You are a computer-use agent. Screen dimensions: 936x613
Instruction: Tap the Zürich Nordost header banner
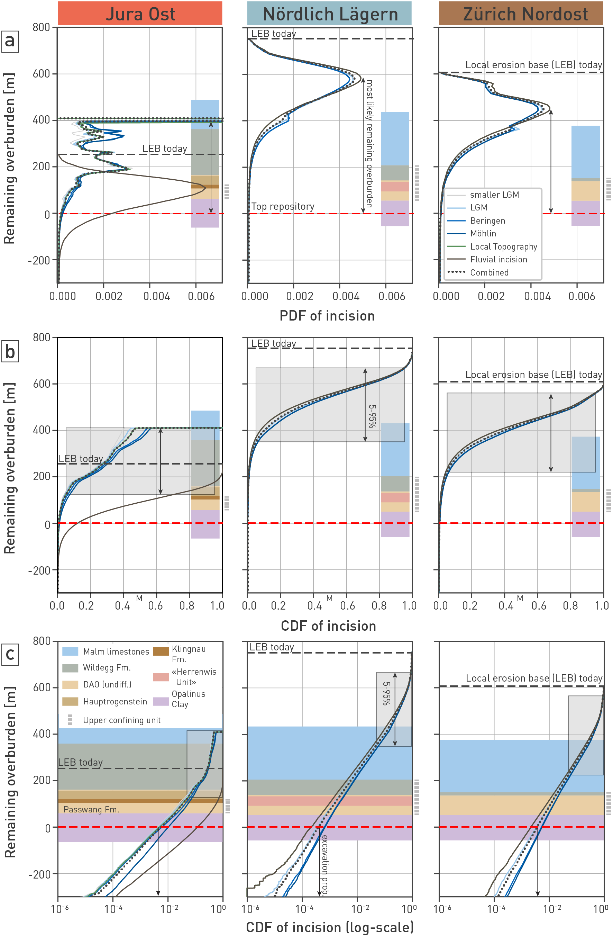tap(521, 14)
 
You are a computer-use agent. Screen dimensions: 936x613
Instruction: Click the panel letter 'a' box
tap(10, 40)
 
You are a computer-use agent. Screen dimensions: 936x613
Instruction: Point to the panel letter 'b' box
tap(10, 351)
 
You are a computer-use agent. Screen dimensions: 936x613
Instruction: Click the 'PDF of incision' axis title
tap(327, 316)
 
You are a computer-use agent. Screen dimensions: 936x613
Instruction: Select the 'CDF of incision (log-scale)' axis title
tap(329, 927)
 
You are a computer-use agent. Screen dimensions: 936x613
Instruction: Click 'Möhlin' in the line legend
tap(483, 234)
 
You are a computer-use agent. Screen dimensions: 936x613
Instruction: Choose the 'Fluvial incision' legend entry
tap(498, 260)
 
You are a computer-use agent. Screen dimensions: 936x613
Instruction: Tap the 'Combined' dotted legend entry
tap(489, 272)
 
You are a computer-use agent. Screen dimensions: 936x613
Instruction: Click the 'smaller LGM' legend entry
tap(494, 195)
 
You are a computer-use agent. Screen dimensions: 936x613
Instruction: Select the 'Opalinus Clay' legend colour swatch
tap(161, 702)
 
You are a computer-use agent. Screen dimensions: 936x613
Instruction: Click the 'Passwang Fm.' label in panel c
tap(91, 809)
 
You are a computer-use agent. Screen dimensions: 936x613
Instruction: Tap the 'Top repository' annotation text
tap(283, 206)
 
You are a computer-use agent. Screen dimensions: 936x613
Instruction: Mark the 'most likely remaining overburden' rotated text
tap(369, 144)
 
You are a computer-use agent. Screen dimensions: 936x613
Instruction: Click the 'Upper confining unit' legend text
tap(122, 720)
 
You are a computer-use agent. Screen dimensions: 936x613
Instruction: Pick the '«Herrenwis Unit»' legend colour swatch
tap(161, 677)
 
